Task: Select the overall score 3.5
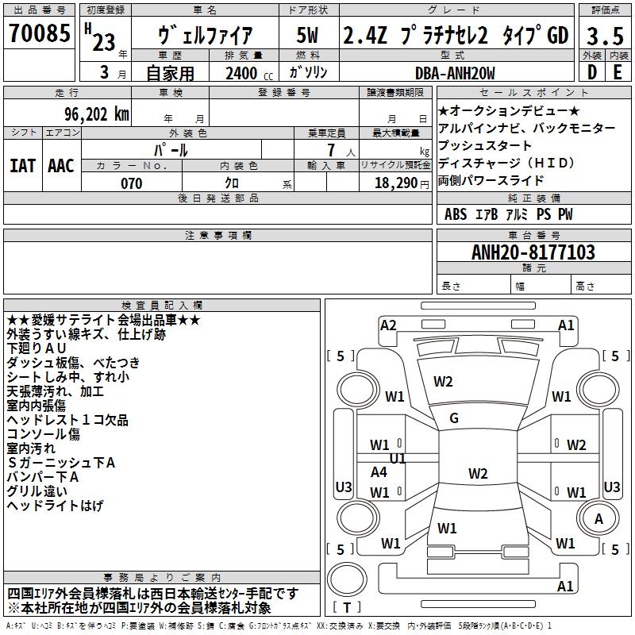605,36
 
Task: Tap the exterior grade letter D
591,71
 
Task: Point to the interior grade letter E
618,71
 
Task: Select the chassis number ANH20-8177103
533,253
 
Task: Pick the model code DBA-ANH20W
455,73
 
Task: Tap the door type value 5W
307,36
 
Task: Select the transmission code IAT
22,166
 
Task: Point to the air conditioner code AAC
61,166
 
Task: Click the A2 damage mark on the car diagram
388,325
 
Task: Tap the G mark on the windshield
454,418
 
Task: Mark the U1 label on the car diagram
398,459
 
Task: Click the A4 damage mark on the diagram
379,472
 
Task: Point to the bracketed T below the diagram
348,607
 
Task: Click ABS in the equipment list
456,214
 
